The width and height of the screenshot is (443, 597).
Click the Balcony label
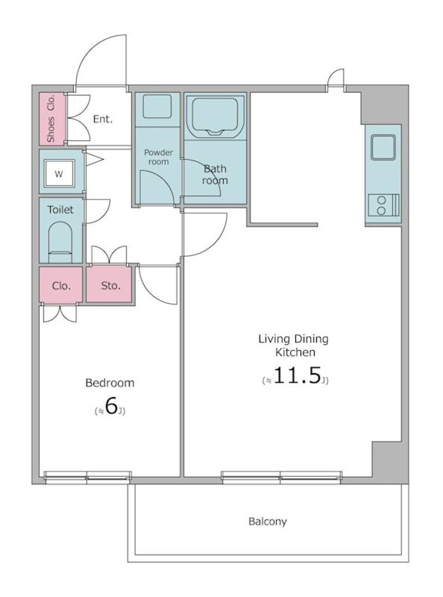click(x=267, y=522)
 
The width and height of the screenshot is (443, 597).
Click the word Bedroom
click(x=110, y=383)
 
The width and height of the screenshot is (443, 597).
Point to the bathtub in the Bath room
click(x=216, y=116)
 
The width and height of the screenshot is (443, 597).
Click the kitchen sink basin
click(x=383, y=147)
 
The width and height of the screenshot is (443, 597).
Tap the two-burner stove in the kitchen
click(x=383, y=205)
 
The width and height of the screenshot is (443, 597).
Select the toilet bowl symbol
click(x=60, y=242)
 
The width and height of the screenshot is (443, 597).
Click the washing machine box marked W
click(x=59, y=173)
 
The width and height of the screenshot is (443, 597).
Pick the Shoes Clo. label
click(x=51, y=119)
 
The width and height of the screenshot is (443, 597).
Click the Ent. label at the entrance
click(x=103, y=119)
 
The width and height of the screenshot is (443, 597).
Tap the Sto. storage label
click(x=111, y=285)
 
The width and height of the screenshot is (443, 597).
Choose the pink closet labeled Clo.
click(x=61, y=285)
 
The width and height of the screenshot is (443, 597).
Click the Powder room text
click(x=159, y=157)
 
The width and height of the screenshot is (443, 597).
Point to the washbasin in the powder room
click(x=157, y=106)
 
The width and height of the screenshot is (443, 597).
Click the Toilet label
click(x=60, y=210)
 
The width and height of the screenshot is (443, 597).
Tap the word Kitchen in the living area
click(x=295, y=352)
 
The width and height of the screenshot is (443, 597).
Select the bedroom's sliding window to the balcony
click(x=88, y=477)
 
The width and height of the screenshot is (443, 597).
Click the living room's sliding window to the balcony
click(x=281, y=477)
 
